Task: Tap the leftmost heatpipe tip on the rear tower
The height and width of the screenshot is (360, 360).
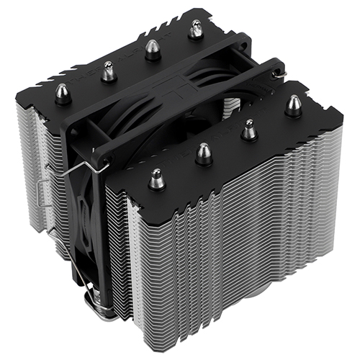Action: click(x=63, y=92)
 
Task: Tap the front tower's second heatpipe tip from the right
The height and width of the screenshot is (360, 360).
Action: click(x=248, y=129)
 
